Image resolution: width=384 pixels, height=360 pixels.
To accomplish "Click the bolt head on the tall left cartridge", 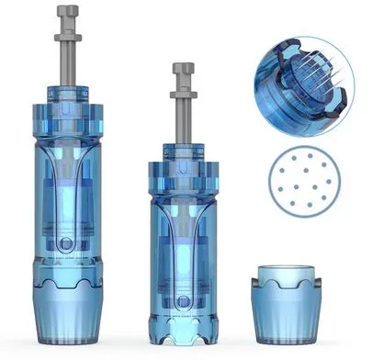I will [x=68, y=13].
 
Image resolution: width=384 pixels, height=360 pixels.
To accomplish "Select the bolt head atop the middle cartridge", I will [x=184, y=70].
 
